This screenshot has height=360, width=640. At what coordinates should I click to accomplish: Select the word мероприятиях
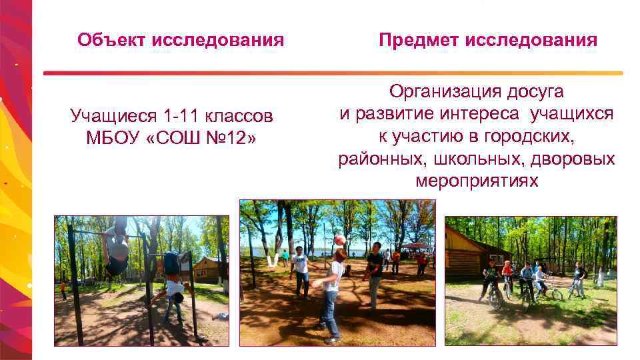coord(476,181)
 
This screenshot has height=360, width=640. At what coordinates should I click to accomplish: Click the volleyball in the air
coord(340,240)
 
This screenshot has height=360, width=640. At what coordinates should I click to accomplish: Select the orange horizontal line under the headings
coord(333,73)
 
